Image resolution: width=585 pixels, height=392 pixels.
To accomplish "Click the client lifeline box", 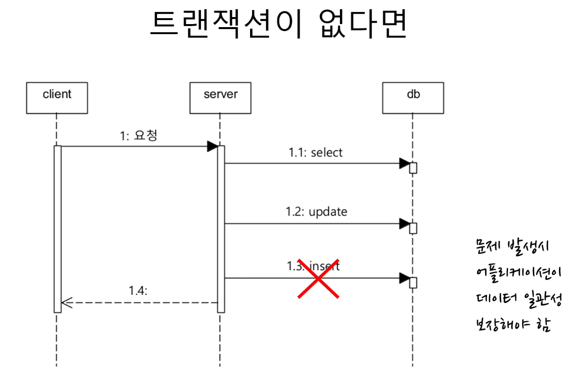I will [57, 97].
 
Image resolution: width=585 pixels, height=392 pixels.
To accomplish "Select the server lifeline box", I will [220, 97].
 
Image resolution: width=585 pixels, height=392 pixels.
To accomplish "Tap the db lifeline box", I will [413, 97].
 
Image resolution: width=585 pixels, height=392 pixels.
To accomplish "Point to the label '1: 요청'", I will [138, 136].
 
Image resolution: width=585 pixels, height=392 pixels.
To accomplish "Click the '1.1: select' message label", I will [315, 153].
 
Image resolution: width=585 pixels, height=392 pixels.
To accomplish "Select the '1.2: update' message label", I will [316, 212].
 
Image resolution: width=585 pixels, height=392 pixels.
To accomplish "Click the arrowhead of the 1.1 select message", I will [404, 163].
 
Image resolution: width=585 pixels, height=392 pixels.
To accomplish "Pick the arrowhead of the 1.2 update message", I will [404, 224].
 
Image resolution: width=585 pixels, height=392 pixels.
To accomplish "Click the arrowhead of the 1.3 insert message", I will [404, 278].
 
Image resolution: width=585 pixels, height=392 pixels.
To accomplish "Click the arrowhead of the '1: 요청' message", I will [212, 147].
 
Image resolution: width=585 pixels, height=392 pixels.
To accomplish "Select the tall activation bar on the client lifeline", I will [57, 229].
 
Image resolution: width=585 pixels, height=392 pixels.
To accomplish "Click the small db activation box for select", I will [413, 168].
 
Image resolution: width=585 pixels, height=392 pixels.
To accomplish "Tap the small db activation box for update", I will [413, 228].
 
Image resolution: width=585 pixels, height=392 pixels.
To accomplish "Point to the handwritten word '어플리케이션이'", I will [518, 274].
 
